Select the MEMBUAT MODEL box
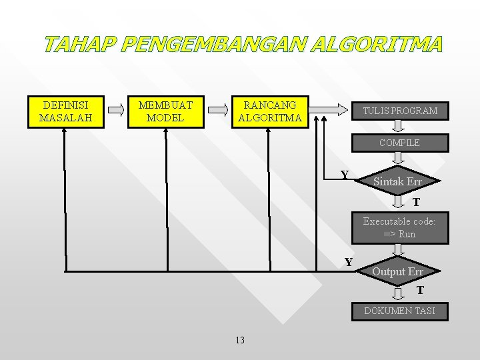point(165,111)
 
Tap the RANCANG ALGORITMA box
point(270,111)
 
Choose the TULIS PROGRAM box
point(399,111)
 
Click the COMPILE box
point(399,143)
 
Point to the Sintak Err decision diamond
point(397,182)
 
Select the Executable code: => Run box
point(399,227)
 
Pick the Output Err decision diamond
point(397,271)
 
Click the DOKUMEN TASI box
point(399,311)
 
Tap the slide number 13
point(240,341)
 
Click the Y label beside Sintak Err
point(345,175)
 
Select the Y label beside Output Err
point(349,262)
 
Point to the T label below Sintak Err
point(416,202)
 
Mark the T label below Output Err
point(420,290)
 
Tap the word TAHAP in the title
point(81,45)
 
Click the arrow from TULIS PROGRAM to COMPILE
point(398,127)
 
